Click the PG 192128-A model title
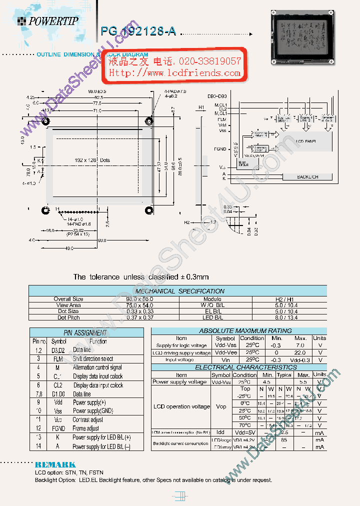[x=138, y=31]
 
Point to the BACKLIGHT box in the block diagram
[x=307, y=177]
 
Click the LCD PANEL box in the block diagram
[x=306, y=141]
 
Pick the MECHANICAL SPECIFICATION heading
[x=179, y=291]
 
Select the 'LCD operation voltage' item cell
[x=180, y=406]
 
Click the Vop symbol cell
[x=221, y=406]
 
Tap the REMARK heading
[x=55, y=464]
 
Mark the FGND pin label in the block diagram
[x=219, y=149]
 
